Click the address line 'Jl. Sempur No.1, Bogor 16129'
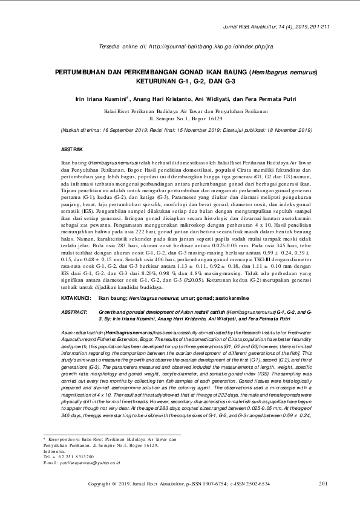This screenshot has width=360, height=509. (x=180, y=119)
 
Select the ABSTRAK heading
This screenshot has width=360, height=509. (x=72, y=149)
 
